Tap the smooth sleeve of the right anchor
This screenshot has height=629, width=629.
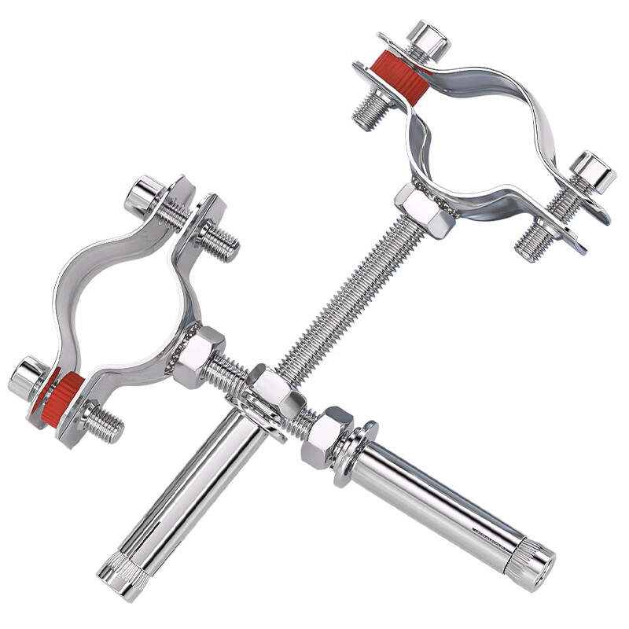pos(440,495)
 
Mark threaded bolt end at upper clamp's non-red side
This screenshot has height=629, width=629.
pos(535,240)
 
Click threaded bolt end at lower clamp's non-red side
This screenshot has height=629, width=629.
pos(220,240)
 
